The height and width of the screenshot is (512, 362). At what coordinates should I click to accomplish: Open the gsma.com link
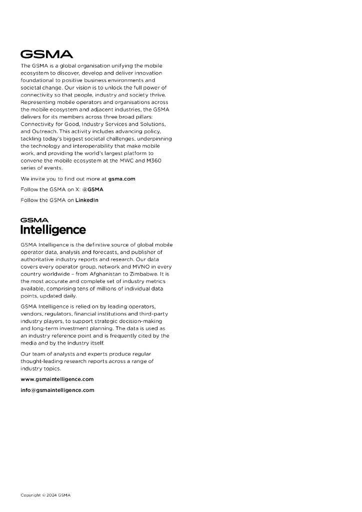point(121,178)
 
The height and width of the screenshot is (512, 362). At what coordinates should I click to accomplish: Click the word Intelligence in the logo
point(53,230)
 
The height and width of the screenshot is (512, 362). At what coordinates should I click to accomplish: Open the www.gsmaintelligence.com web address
point(57,379)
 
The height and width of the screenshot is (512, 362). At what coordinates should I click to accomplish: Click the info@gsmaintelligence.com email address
point(57,390)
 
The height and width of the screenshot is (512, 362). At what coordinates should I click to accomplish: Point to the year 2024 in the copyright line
point(51,495)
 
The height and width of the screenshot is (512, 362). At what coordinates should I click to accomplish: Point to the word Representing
point(39,102)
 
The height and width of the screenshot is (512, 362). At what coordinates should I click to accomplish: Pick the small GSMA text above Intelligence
point(34,219)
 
